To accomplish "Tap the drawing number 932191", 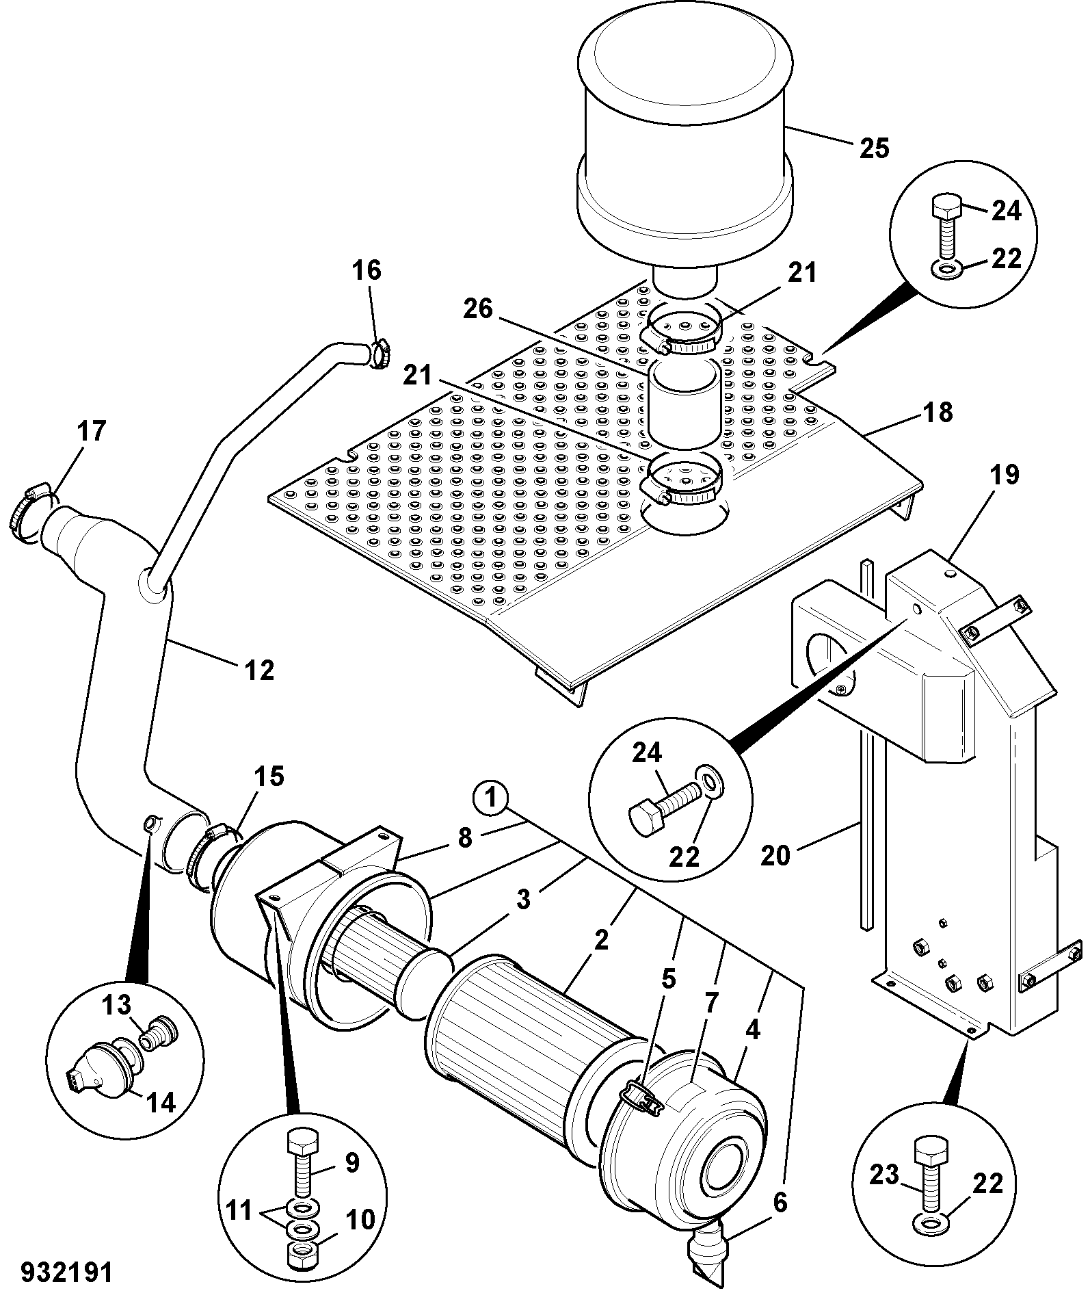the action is (x=66, y=1273).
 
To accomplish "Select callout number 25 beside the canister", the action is (x=874, y=148).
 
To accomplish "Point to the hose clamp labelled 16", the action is (x=380, y=354).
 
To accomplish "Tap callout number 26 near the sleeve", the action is (x=478, y=309).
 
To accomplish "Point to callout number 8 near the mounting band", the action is (x=465, y=838).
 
